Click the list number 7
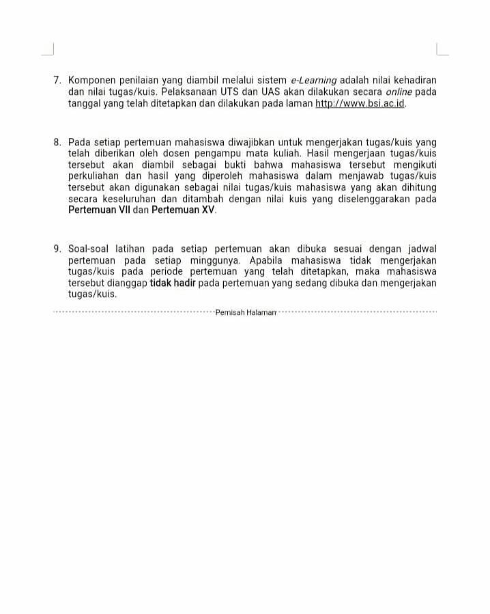(x=57, y=81)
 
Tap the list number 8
(x=57, y=143)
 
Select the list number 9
(x=57, y=249)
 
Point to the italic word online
(x=399, y=92)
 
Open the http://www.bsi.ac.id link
(x=360, y=103)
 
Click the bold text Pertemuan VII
(x=99, y=210)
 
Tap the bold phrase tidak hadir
(x=173, y=283)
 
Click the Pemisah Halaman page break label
(x=246, y=313)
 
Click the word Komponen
(x=93, y=81)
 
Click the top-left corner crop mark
(x=48, y=50)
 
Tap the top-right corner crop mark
(x=442, y=50)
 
